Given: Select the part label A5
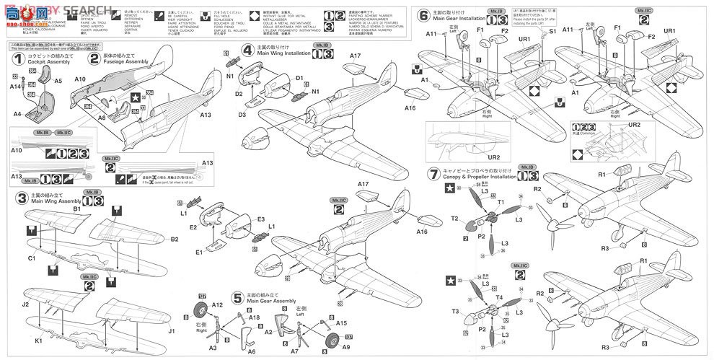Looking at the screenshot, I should (58, 81).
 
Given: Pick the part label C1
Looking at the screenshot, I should (32, 258).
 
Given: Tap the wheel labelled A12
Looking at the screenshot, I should (202, 312).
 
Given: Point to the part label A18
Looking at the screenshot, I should (254, 317).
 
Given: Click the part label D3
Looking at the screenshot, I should (243, 114).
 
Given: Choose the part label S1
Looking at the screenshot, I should (552, 32).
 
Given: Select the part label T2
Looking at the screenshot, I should (454, 219).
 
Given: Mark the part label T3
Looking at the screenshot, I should (455, 312).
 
